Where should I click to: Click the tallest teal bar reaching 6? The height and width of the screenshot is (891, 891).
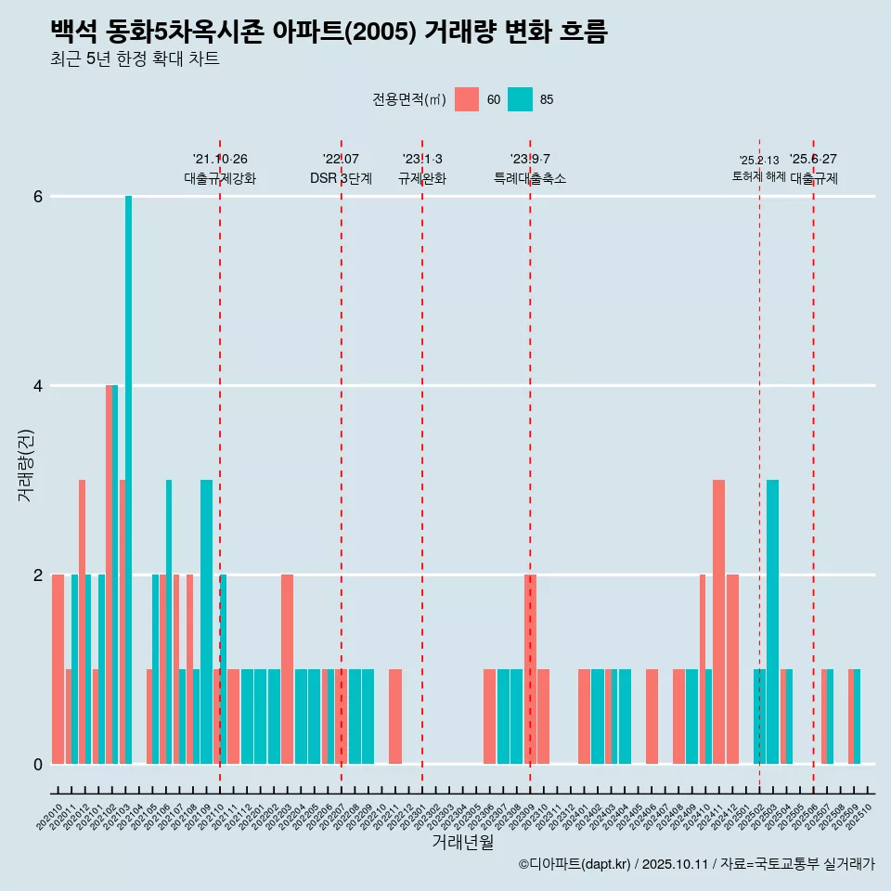pos(129,479)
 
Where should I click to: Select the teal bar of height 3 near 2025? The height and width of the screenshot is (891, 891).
pos(772,621)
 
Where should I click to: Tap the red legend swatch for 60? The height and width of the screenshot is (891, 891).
pos(467,99)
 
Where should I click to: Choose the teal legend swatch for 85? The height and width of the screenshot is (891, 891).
pos(521,99)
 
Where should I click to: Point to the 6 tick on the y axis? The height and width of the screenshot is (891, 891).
pos(38,197)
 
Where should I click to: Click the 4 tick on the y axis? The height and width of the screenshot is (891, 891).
pos(38,386)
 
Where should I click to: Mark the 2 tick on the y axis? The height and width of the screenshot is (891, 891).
pos(38,575)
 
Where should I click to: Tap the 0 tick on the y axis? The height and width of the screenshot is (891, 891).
pos(38,765)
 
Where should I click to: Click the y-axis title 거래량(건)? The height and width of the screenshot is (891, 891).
pos(25,465)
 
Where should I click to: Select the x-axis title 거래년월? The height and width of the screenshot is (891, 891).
pos(462,842)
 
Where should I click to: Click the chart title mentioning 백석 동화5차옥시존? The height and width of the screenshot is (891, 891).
pos(329,32)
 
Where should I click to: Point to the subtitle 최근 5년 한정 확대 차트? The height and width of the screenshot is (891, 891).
pos(135,60)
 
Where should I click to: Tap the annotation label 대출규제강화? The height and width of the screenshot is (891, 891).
pos(220,178)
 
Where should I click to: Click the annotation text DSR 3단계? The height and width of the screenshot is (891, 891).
pos(341,178)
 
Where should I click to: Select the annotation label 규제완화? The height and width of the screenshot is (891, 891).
pos(422,178)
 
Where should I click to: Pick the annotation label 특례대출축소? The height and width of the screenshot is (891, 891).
pos(529,178)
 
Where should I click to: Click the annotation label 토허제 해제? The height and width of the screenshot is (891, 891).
pos(759,176)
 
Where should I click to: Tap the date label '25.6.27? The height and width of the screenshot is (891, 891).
pos(813,159)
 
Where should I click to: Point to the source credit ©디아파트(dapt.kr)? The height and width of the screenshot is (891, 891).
pos(575,864)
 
